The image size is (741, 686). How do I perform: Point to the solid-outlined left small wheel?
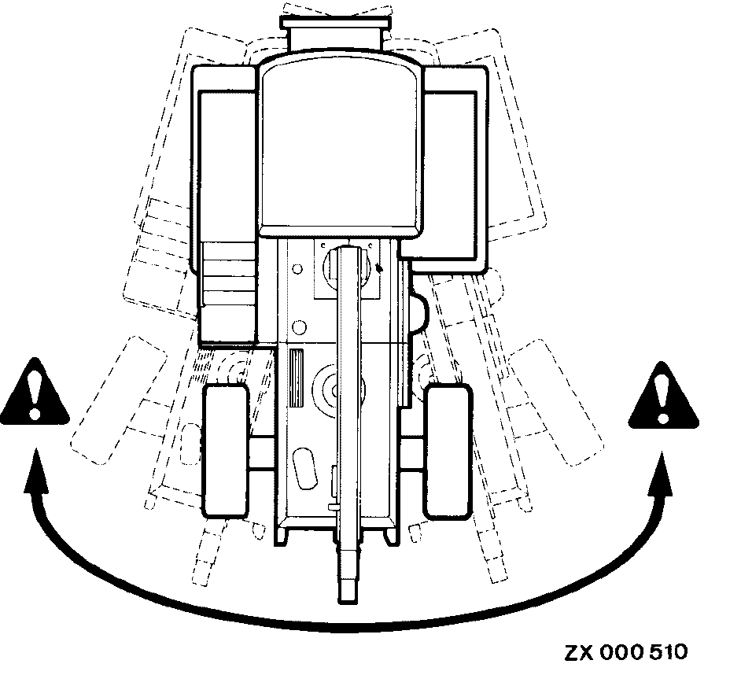226,450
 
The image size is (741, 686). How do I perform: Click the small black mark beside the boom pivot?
381,267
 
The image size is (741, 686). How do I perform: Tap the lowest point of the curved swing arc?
346,628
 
